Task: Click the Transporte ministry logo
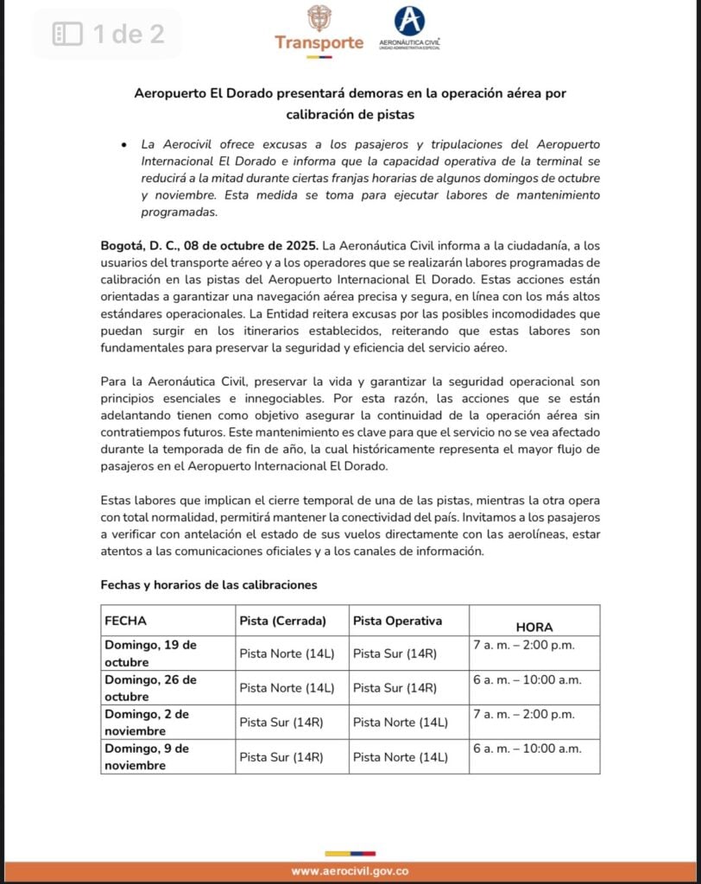(319, 28)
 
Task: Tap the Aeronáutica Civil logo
(409, 28)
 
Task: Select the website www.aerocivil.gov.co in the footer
(350, 872)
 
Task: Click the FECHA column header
(126, 621)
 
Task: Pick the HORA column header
(534, 627)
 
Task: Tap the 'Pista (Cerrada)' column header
(282, 621)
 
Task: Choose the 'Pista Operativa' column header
(397, 621)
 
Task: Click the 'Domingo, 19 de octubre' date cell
(151, 654)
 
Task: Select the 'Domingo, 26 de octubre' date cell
(151, 688)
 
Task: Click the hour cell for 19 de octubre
(524, 645)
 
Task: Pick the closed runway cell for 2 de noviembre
(281, 723)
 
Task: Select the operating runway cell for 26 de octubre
(395, 688)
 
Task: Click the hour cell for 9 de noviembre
(527, 748)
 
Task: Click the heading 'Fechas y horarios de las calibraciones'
(209, 584)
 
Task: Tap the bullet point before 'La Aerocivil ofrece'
(125, 145)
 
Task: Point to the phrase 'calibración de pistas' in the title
(350, 113)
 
